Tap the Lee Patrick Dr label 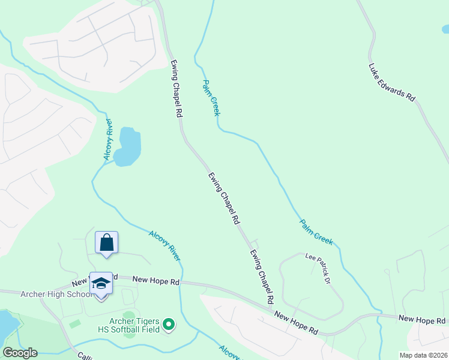click(x=318, y=268)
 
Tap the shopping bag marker click(x=107, y=243)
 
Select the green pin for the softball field click(x=169, y=325)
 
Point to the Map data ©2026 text click(x=423, y=355)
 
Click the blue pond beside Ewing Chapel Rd click(x=128, y=146)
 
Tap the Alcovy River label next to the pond click(x=107, y=139)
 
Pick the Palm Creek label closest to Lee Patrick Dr click(x=316, y=232)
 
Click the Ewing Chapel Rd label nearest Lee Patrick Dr click(x=262, y=276)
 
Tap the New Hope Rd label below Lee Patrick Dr click(x=296, y=322)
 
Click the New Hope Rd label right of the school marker click(x=155, y=280)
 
